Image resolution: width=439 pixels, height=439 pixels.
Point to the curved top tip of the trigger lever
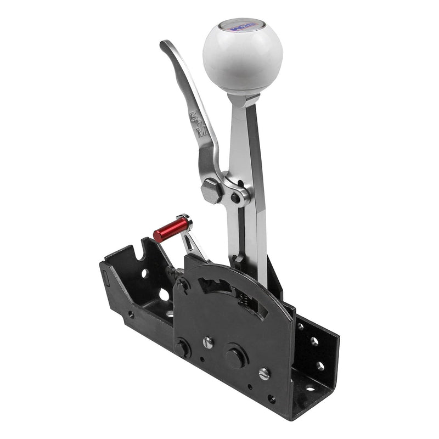pyautogui.click(x=165, y=46)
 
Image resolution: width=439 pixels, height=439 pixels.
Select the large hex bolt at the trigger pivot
pyautogui.click(x=212, y=192)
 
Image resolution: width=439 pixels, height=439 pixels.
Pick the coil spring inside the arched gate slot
pyautogui.click(x=241, y=301)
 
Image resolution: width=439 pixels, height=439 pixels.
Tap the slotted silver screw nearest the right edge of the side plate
pyautogui.click(x=264, y=374)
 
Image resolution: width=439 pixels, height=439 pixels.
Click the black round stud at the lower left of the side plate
pyautogui.click(x=182, y=347)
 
